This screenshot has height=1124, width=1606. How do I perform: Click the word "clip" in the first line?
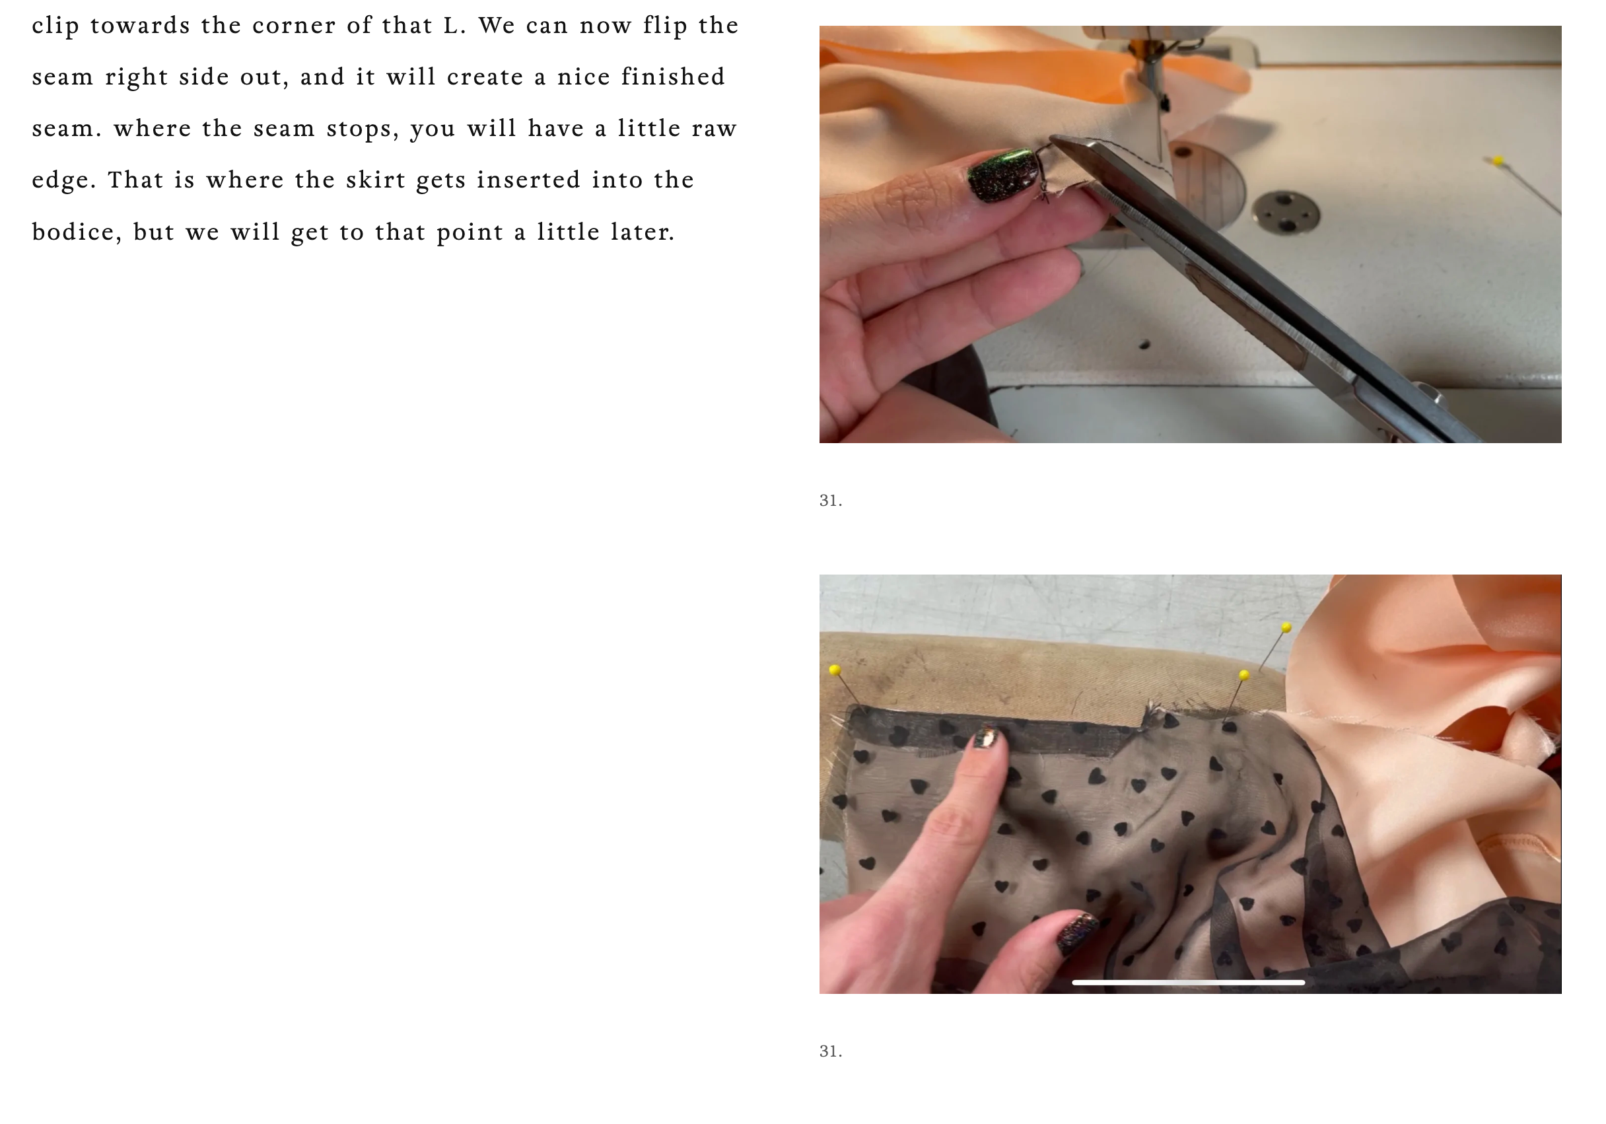55,26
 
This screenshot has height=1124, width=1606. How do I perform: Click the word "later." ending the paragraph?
643,232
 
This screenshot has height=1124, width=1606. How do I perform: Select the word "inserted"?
529,180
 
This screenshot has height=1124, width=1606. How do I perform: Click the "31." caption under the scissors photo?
831,501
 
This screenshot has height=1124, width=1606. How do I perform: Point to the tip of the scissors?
1052,139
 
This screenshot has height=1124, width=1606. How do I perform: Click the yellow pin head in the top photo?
1498,161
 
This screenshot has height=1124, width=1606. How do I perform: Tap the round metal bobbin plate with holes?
1286,211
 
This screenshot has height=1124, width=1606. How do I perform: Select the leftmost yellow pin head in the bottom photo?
835,670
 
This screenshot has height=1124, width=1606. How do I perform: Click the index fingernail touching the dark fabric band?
987,737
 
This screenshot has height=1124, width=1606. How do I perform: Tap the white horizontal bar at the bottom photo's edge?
1188,983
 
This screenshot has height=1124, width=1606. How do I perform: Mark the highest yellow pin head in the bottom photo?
1286,627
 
